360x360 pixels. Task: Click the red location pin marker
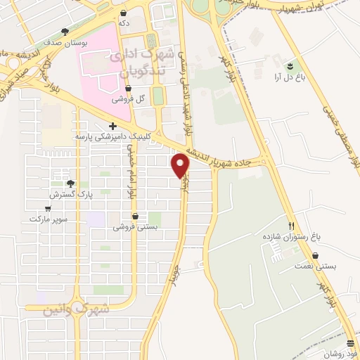coord(181,165)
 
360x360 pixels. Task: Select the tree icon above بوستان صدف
coord(66,32)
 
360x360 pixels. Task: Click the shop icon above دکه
coord(124,13)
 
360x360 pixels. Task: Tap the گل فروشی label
coord(130,99)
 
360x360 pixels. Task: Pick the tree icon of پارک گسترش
coord(70,183)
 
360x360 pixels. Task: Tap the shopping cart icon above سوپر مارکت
coord(48,208)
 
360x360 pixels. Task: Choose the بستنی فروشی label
coord(135,228)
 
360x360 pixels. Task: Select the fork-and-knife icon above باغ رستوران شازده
coord(290,226)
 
